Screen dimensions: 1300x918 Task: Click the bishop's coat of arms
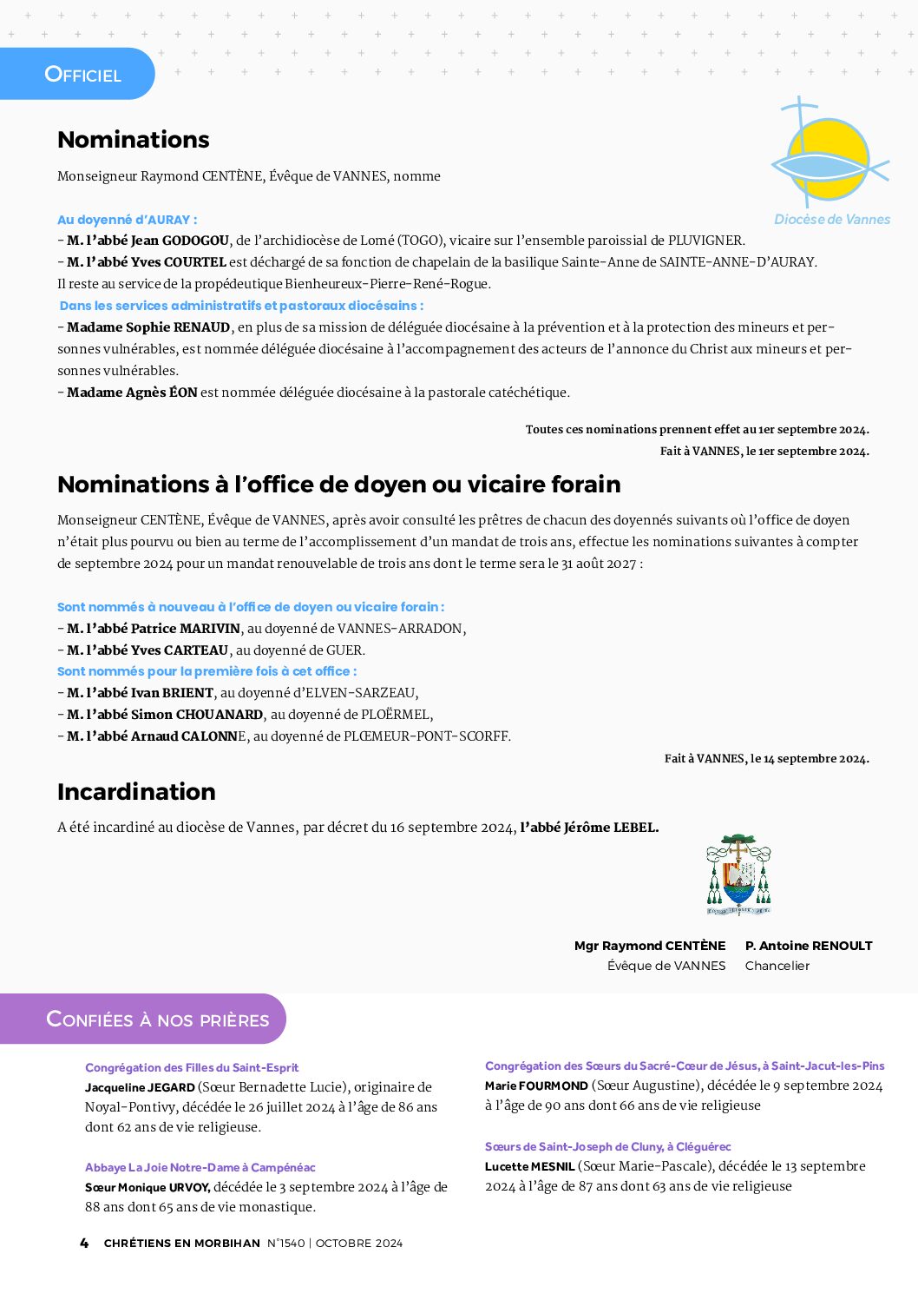coord(738,874)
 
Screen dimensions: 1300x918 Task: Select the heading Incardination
coord(136,792)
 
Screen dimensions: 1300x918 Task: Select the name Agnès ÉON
coord(164,393)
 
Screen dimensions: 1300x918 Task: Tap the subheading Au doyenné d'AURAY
coord(127,220)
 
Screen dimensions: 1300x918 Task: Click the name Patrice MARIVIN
coord(185,629)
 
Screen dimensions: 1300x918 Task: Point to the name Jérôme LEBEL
coord(611,828)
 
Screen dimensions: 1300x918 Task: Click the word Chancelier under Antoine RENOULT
coord(777,966)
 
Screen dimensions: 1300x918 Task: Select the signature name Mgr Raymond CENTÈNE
coord(650,946)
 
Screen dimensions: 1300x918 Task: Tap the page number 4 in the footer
coord(84,1243)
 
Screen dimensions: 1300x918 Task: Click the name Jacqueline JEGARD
coord(140,1087)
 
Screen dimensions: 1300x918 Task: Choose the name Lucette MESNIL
coord(529,1166)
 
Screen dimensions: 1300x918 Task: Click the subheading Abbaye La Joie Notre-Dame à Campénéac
coord(200,1167)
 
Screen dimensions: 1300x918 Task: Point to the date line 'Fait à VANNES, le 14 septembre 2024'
coord(766,759)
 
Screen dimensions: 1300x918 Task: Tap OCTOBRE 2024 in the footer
coord(359,1244)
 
